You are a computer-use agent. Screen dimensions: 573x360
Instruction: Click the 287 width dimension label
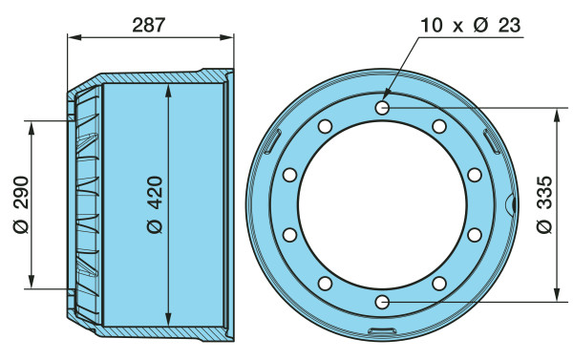point(149,25)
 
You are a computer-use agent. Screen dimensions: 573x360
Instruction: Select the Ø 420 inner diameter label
point(155,204)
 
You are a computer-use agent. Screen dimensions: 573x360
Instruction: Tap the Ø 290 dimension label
point(21,204)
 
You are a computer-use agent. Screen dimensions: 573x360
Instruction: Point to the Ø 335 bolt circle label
point(545,204)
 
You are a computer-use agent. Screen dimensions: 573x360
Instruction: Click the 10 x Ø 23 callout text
point(470,25)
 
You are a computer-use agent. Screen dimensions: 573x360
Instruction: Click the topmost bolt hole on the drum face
point(382,108)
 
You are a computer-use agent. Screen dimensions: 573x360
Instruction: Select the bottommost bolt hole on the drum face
point(382,302)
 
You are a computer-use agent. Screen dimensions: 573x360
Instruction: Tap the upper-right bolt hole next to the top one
point(439,126)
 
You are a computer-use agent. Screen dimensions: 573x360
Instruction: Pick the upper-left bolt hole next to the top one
point(325,126)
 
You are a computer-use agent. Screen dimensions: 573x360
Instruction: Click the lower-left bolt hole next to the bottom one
point(325,284)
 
